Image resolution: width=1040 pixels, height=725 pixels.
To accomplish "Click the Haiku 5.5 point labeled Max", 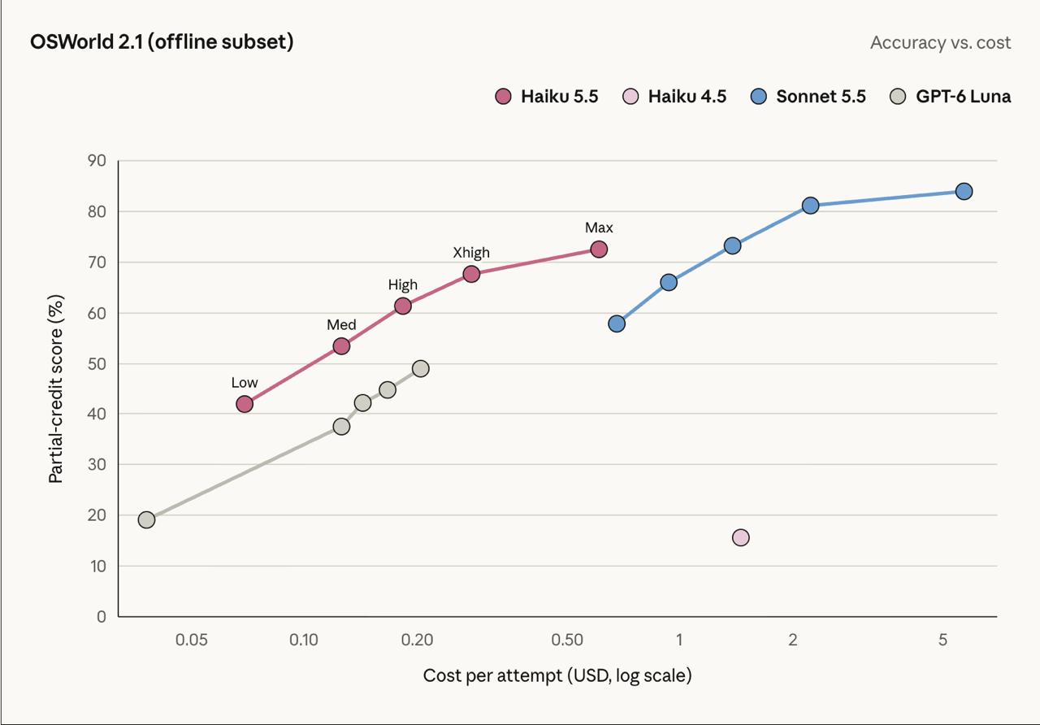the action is point(599,250).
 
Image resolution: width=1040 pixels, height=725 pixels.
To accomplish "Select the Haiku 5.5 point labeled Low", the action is point(245,404).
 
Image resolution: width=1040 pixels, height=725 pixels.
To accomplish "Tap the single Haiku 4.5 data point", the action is point(740,538).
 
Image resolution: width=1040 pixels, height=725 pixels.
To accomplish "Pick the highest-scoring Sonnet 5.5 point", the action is point(964,191).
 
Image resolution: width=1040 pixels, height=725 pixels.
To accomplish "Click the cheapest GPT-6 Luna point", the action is point(146,519).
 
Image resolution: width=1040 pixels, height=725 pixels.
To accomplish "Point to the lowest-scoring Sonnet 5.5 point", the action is point(617,323).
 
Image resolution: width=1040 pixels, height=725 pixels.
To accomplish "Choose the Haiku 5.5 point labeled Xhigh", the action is point(471,274).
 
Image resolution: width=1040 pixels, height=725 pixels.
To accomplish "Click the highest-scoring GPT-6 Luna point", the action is point(420,369).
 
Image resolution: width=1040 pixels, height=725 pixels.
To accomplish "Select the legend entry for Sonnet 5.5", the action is point(808,97).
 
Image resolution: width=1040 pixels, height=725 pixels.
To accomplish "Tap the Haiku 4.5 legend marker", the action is point(630,97).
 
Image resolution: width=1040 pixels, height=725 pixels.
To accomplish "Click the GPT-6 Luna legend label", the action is point(964,97).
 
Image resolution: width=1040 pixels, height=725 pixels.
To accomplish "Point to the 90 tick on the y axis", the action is point(97,161).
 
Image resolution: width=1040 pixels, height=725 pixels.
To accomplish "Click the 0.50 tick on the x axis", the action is point(567,640).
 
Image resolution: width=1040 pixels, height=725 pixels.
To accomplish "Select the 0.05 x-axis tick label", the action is point(191,640).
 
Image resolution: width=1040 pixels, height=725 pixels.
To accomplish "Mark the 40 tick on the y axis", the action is point(97,414).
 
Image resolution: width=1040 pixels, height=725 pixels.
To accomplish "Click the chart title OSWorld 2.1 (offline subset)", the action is point(162,41).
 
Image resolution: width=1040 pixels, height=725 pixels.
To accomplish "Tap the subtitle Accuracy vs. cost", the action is point(941,43).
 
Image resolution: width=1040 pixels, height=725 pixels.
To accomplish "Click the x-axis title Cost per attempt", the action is point(557,675).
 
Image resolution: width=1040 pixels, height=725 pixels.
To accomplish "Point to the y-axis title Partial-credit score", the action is point(56,389).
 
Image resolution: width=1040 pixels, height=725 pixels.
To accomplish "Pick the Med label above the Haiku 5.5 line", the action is point(341,324).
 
